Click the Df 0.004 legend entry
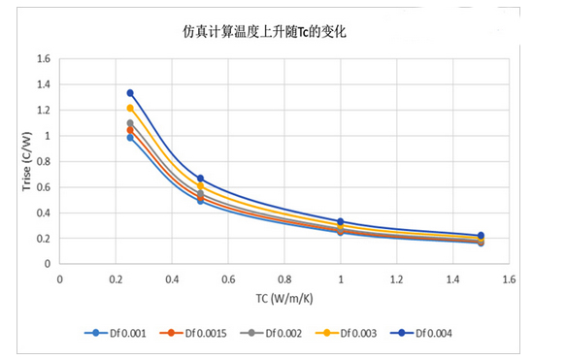427,333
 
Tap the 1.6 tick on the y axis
43,59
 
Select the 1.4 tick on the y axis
43,84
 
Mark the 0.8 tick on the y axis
43,161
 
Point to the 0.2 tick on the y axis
43,239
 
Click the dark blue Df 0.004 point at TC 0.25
130,93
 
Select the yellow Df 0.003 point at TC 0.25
130,108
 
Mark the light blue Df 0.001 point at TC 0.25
130,138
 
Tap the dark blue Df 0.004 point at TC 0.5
200,179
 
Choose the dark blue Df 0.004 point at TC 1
340,222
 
